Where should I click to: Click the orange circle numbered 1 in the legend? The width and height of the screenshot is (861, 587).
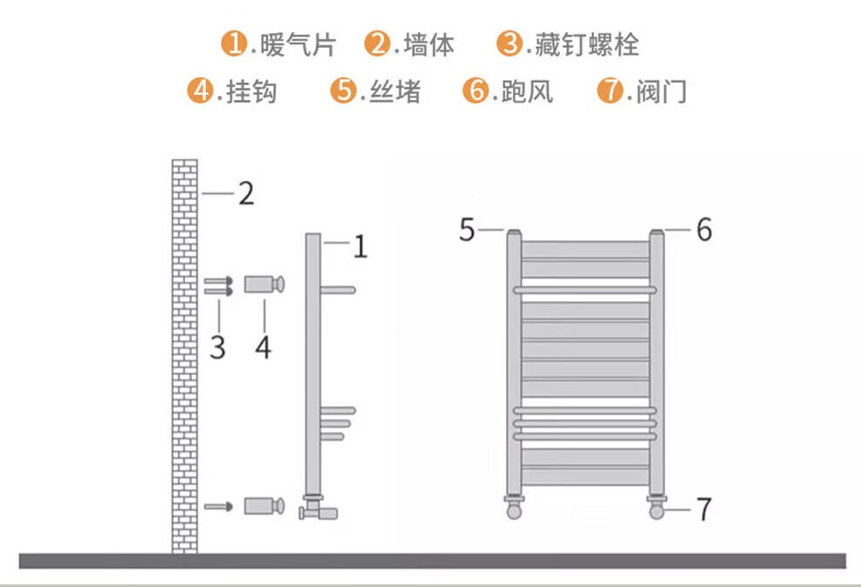[233, 43]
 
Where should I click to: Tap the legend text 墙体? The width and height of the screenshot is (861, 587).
[430, 44]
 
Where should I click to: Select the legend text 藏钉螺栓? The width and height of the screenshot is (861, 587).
[587, 44]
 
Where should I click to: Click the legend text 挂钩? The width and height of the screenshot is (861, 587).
[251, 91]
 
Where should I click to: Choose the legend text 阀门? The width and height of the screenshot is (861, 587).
[661, 91]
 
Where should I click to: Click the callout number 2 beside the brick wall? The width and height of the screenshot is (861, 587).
[246, 194]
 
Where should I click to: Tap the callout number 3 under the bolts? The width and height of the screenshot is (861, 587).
[217, 348]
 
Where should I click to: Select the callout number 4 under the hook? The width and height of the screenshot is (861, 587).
[263, 348]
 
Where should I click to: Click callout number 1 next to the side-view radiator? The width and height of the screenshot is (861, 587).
[360, 248]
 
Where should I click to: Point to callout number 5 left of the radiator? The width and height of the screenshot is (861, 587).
[468, 230]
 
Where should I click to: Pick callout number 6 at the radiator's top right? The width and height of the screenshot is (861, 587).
[704, 230]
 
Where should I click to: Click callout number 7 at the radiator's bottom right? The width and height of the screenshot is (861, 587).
[704, 510]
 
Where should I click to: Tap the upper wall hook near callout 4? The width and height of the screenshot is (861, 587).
[264, 284]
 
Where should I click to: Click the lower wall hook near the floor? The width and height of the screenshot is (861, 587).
[264, 506]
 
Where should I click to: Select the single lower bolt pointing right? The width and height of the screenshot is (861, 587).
[218, 506]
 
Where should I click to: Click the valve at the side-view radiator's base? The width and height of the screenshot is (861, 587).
[317, 508]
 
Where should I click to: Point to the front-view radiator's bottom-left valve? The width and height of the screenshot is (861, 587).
[515, 507]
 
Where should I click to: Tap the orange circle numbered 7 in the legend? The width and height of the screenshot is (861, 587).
[610, 91]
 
